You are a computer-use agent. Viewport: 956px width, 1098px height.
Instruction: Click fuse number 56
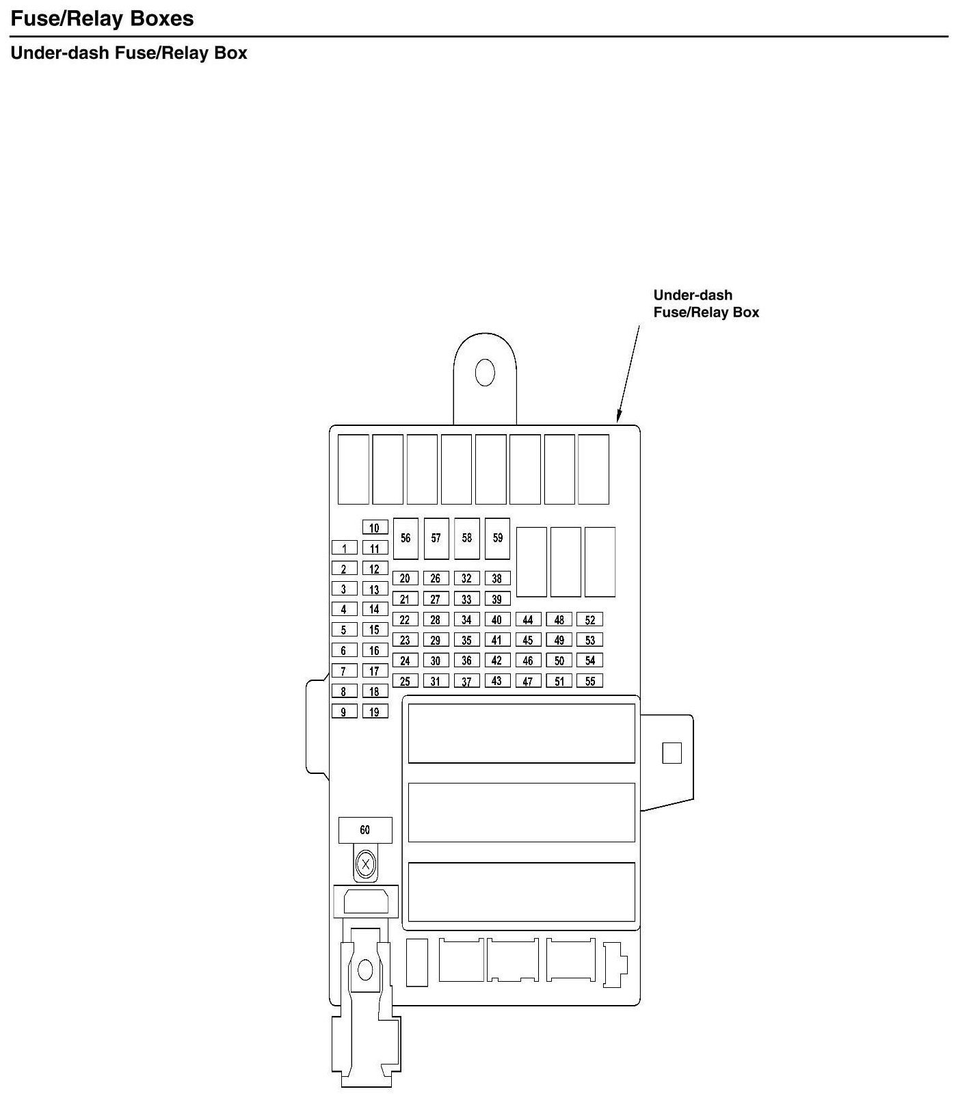(406, 538)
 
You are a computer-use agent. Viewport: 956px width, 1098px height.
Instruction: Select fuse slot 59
(497, 538)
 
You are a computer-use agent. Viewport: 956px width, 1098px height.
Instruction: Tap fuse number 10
(375, 527)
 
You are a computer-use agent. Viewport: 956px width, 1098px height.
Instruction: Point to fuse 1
(345, 548)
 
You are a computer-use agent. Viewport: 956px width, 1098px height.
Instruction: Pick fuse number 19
(375, 711)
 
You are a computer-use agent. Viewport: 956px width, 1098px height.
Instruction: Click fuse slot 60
(365, 830)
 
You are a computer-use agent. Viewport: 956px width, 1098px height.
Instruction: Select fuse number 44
(528, 619)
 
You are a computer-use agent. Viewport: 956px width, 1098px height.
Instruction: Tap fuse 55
(589, 681)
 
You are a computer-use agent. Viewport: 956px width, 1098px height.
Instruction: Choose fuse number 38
(497, 578)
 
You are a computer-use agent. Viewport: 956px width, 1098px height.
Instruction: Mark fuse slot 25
(406, 681)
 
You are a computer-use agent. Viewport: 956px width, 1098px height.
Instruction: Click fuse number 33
(466, 599)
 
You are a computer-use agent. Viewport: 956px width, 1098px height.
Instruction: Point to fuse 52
(589, 619)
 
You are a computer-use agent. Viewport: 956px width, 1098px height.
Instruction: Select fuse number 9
(345, 711)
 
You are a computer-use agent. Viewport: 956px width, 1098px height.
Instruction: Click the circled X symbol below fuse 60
(366, 865)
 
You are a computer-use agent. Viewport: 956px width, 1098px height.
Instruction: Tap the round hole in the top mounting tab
(485, 373)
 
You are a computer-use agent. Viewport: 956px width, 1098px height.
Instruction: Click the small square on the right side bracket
(672, 753)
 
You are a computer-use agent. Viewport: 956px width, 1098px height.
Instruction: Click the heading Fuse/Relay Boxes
(103, 18)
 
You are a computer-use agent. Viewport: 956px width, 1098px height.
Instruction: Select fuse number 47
(528, 681)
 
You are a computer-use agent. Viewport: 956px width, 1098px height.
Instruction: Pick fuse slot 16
(375, 650)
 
